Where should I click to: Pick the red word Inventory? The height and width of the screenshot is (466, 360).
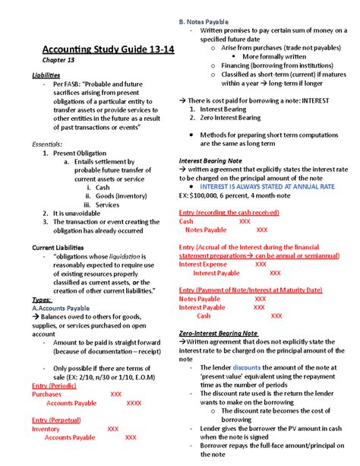(46, 429)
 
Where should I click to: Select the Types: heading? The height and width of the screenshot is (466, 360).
(42, 300)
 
